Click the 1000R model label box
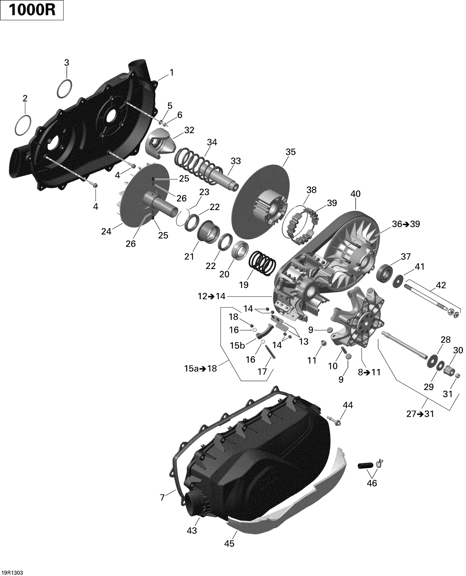(x=32, y=10)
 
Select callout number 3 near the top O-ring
(x=66, y=62)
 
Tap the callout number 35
(x=290, y=152)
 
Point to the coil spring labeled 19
(x=263, y=264)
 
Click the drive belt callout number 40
(x=355, y=194)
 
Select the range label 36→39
(x=406, y=224)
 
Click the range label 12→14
(x=212, y=296)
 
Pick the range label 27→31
(x=420, y=414)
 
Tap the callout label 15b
(x=238, y=346)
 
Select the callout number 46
(x=372, y=483)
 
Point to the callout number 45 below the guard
(x=229, y=543)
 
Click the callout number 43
(x=192, y=531)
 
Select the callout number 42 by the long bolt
(x=441, y=285)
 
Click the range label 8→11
(x=369, y=372)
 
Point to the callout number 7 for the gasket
(x=162, y=497)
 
